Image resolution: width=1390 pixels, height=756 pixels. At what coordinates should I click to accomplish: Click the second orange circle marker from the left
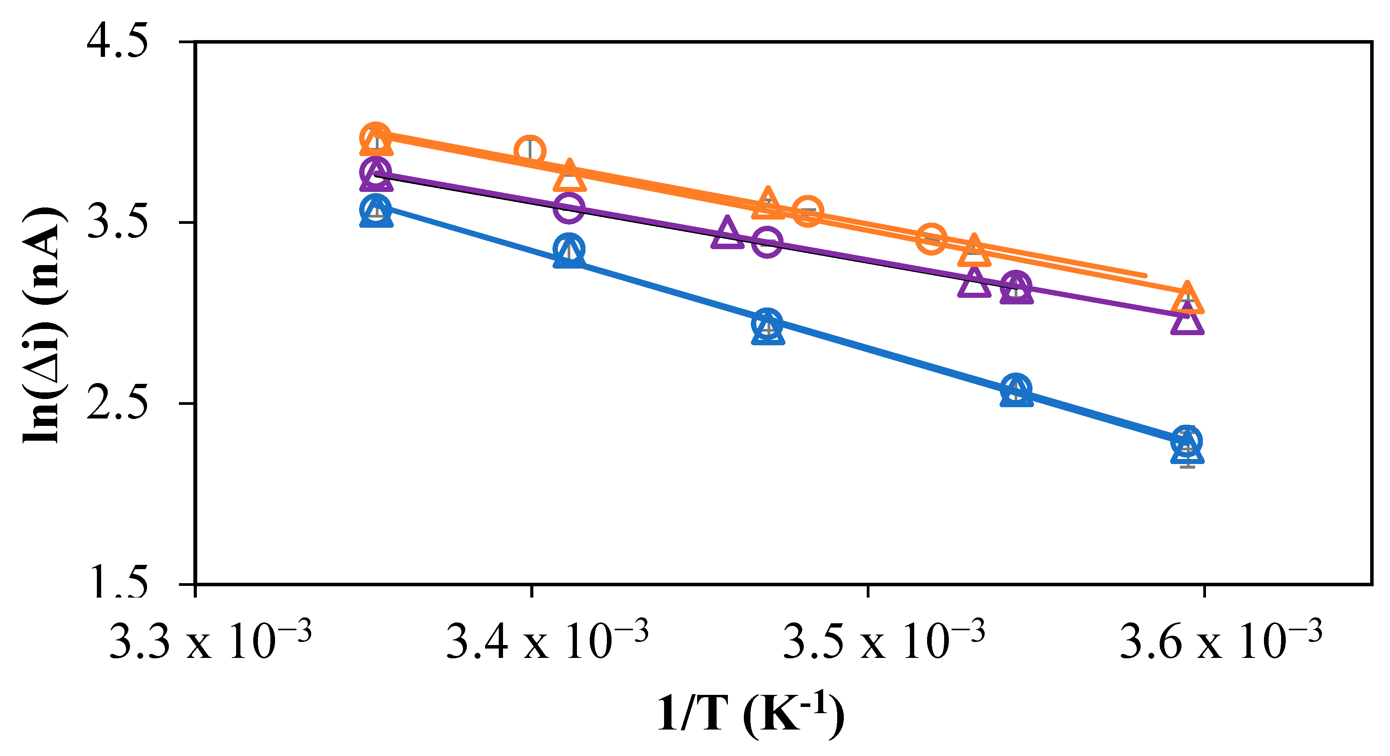tap(530, 150)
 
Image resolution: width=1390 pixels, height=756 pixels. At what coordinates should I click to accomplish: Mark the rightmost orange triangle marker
tap(1187, 299)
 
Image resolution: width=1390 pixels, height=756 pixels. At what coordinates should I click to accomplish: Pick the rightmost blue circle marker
tap(1187, 440)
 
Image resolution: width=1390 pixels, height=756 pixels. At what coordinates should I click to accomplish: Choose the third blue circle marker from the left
tap(767, 323)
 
